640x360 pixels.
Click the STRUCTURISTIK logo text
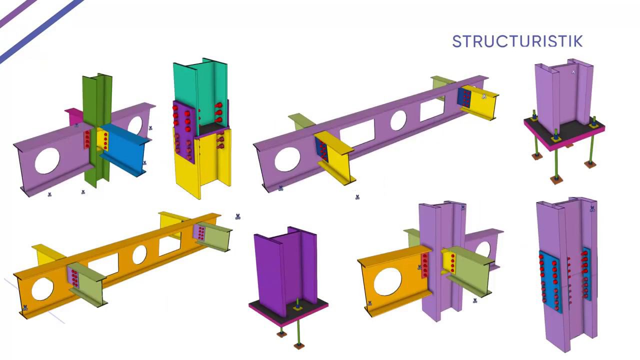click(x=517, y=41)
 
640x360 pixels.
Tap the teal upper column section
click(x=200, y=94)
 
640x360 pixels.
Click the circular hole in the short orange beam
click(x=387, y=281)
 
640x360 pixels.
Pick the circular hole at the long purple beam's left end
click(x=287, y=159)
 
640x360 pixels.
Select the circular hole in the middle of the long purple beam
click(x=398, y=120)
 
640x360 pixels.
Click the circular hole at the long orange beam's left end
click(x=42, y=289)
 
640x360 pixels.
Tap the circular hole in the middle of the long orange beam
click(x=139, y=254)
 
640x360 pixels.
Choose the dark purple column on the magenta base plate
click(x=285, y=271)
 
